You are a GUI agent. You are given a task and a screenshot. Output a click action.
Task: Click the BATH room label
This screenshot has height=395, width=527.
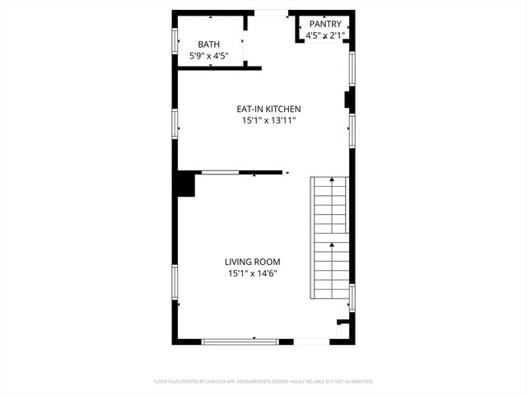210,44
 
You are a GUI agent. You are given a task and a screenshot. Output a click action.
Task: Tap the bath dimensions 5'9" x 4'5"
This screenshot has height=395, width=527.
209,56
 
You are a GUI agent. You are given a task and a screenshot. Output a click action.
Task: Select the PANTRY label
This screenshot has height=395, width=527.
324,25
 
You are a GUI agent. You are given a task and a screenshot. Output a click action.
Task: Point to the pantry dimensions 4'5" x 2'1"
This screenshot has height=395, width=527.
324,36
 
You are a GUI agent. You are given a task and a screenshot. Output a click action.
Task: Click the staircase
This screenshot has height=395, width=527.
331,239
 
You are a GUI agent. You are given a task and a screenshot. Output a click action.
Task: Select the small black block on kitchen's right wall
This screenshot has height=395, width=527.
348,100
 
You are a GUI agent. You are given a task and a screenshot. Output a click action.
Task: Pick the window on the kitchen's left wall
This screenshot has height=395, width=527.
175,124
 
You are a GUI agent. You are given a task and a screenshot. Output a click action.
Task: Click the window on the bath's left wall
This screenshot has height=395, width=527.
175,40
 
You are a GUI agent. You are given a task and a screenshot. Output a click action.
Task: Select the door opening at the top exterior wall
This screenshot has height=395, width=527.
271,12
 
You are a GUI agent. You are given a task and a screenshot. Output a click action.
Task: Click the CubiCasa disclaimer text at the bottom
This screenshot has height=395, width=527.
263,382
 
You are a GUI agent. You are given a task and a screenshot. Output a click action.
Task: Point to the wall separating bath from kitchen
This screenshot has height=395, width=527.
218,68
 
